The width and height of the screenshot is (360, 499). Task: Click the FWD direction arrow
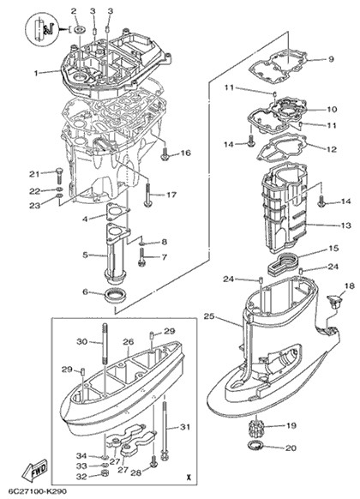tap(34, 470)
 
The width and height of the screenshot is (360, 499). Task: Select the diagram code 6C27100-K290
tap(33, 491)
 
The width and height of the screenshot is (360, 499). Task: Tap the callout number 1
tap(36, 73)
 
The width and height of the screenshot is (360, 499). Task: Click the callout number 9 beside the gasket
tap(331, 59)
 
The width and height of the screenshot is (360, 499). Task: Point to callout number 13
tap(345, 225)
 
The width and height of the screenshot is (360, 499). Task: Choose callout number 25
tap(209, 316)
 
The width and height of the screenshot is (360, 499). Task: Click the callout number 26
tap(129, 342)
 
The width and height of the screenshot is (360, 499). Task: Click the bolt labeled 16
tap(165, 154)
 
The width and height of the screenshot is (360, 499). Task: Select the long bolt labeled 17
tap(148, 195)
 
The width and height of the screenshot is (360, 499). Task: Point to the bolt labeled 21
tap(60, 176)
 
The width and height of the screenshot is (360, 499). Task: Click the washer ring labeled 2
tap(79, 30)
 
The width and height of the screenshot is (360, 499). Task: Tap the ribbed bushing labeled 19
tap(256, 426)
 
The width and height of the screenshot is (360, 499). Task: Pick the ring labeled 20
tap(255, 446)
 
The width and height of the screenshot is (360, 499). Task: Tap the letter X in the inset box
tap(189, 477)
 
